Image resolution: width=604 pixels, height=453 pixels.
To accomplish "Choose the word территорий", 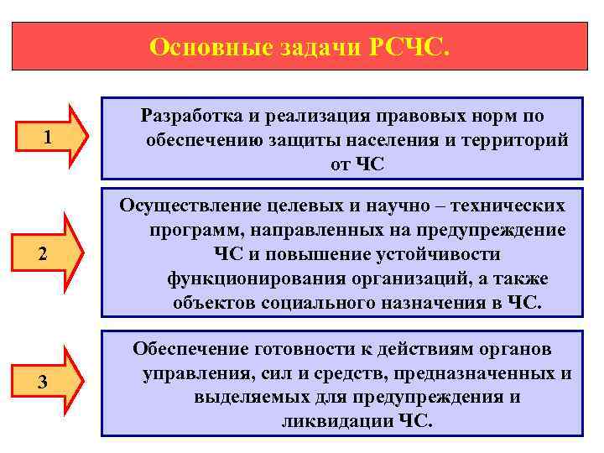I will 515,139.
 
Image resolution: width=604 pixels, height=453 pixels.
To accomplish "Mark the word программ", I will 189,230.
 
